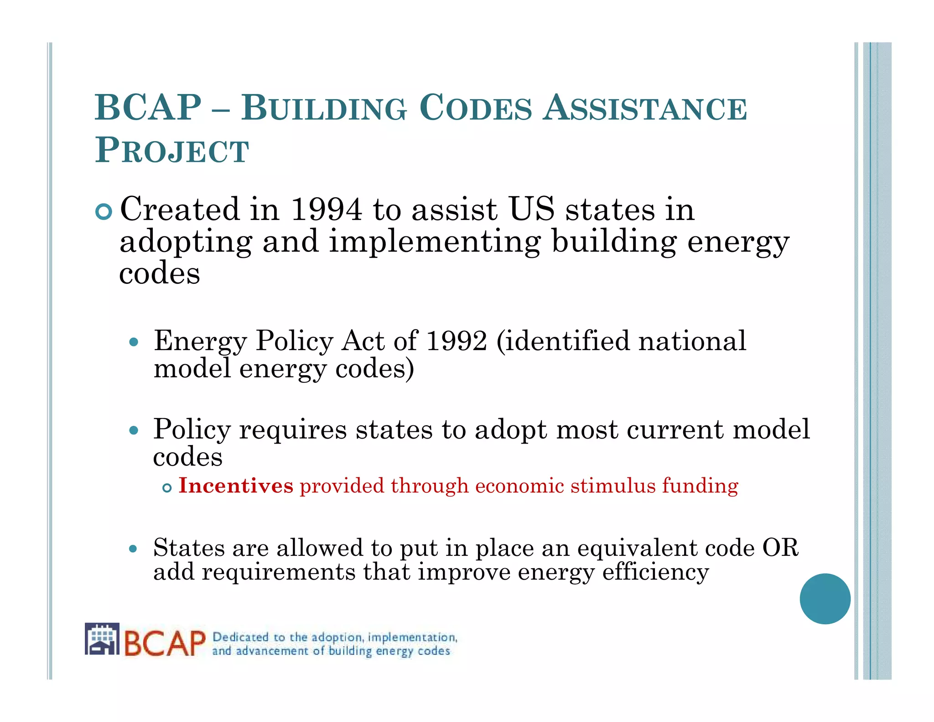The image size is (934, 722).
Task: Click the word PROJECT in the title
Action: (x=172, y=150)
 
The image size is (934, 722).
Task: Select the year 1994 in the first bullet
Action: (x=327, y=209)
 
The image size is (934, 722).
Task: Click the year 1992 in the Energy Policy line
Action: (x=456, y=340)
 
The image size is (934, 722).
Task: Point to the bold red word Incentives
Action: (x=236, y=486)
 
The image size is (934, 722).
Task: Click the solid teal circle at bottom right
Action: (x=825, y=598)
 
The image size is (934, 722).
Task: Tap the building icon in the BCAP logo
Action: (x=102, y=639)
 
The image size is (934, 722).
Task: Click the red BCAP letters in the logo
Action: (x=165, y=644)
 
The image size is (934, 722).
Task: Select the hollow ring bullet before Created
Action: (x=104, y=212)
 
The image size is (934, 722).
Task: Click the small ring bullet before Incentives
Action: (x=167, y=488)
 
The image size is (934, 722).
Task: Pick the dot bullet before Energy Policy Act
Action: (x=133, y=342)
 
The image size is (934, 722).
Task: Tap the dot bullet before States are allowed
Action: (x=133, y=549)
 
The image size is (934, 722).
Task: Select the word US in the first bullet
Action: (x=531, y=209)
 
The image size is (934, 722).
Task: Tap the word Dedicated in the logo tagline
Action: (x=240, y=637)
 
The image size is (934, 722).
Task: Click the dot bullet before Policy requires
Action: (x=133, y=430)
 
